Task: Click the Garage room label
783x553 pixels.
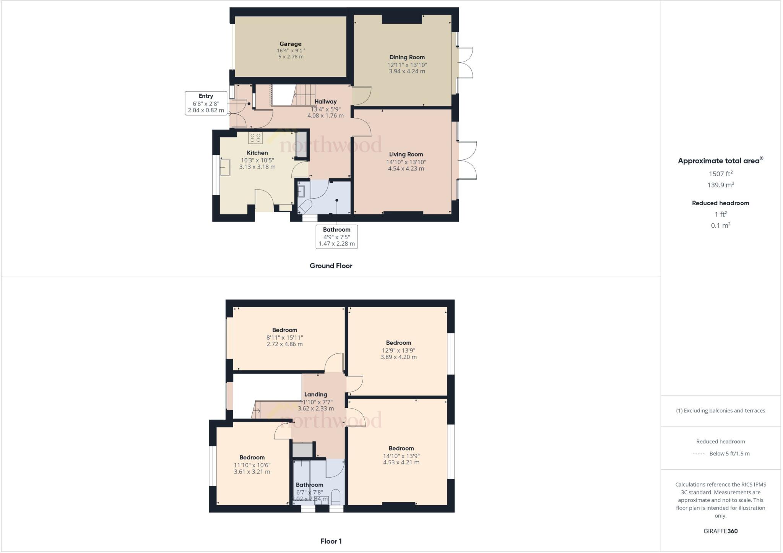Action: (290, 44)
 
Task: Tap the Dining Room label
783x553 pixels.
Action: (407, 57)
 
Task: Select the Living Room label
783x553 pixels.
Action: (406, 154)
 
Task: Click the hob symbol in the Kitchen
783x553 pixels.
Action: (255, 138)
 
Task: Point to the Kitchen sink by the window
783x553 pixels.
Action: (224, 167)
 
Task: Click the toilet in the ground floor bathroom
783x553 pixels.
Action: (304, 207)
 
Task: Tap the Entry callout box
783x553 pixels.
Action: (206, 103)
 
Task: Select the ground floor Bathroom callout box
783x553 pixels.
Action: (336, 237)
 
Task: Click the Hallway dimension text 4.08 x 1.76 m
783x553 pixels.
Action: (325, 115)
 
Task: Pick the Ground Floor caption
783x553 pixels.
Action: (331, 266)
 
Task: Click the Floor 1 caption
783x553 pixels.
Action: (331, 541)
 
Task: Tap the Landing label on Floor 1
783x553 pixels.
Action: (315, 394)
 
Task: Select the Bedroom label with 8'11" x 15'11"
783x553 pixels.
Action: (284, 330)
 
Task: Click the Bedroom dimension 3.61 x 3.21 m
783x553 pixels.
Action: (252, 472)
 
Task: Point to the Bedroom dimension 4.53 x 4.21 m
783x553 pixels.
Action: (401, 462)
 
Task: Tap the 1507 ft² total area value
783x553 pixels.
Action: (720, 174)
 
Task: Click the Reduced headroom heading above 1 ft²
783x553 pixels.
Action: (720, 203)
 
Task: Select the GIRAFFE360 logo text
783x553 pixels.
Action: (720, 531)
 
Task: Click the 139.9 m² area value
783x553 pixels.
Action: (720, 185)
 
